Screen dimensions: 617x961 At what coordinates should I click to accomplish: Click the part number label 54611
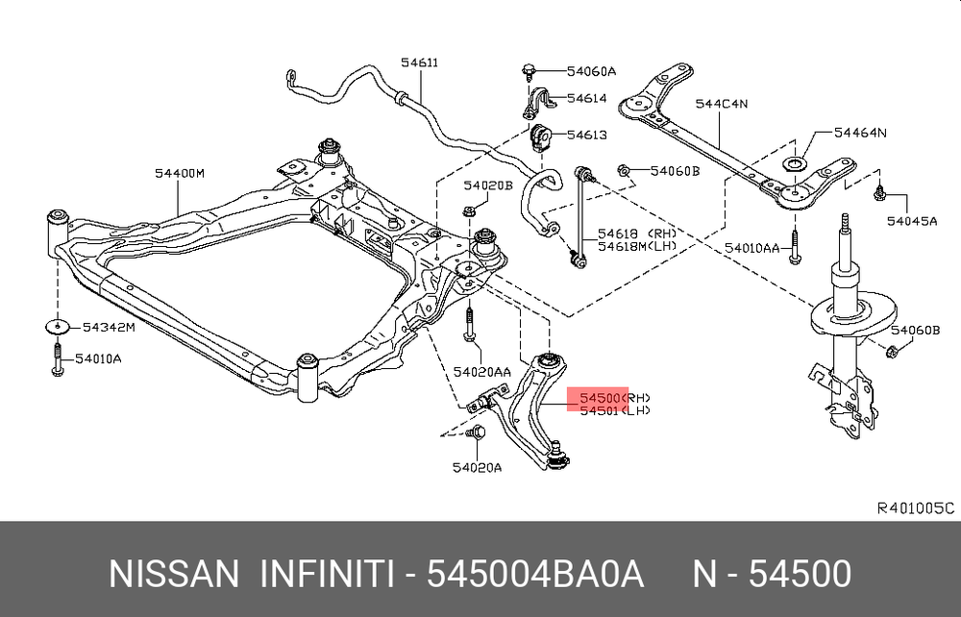[x=419, y=64]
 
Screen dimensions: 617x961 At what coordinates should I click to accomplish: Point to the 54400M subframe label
[x=180, y=174]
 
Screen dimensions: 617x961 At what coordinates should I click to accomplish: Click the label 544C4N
[x=722, y=104]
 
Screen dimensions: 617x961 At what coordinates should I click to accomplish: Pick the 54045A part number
[x=912, y=220]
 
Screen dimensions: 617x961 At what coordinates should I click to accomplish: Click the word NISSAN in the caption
[x=174, y=574]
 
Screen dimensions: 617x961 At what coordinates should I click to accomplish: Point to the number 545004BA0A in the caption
[x=533, y=574]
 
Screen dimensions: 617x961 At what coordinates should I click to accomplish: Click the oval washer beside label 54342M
[x=58, y=326]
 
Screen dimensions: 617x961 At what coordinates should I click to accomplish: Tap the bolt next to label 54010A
[x=57, y=358]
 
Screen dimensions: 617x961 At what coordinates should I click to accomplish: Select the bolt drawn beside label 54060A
[x=530, y=70]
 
